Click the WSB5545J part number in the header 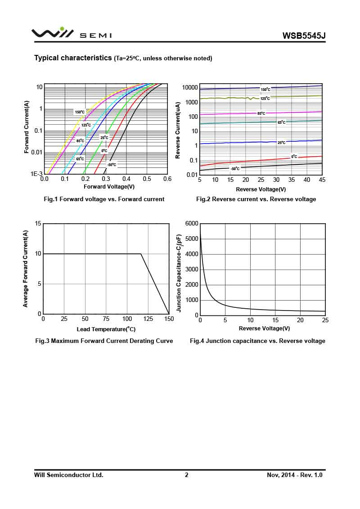click(x=304, y=36)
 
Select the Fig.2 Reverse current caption click(x=256, y=199)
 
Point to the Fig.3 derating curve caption click(x=104, y=341)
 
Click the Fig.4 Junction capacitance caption click(x=257, y=341)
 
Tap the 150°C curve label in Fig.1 click(x=80, y=112)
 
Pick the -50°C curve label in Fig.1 click(x=111, y=165)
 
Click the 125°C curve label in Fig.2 click(x=265, y=98)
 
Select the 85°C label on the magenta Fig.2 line click(x=261, y=113)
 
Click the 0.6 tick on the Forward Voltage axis click(x=167, y=179)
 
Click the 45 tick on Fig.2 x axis click(x=322, y=180)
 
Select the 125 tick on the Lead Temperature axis click(x=148, y=319)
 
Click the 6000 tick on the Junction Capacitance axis click(x=191, y=224)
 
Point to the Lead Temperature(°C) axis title click(x=106, y=329)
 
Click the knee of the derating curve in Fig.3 click(x=141, y=254)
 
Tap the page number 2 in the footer click(x=186, y=475)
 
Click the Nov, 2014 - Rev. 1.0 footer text click(x=295, y=475)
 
